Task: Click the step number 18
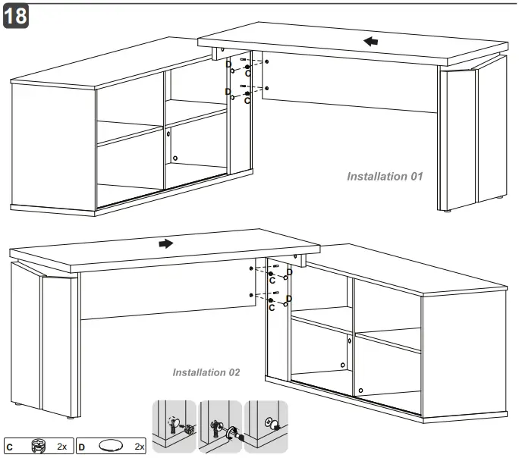pyautogui.click(x=16, y=17)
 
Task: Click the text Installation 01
pyautogui.click(x=384, y=177)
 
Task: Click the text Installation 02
pyautogui.click(x=206, y=372)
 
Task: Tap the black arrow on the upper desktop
pyautogui.click(x=370, y=41)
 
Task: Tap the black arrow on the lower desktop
pyautogui.click(x=165, y=243)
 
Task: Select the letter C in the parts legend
pyautogui.click(x=10, y=446)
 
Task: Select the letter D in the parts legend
pyautogui.click(x=81, y=446)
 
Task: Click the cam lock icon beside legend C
pyautogui.click(x=39, y=445)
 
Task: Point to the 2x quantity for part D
pyautogui.click(x=139, y=446)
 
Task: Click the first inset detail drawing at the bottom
pyautogui.click(x=174, y=428)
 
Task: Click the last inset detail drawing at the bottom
pyautogui.click(x=266, y=428)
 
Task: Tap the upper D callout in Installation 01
pyautogui.click(x=228, y=64)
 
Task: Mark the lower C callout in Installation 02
pyautogui.click(x=272, y=307)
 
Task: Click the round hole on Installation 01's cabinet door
pyautogui.click(x=175, y=158)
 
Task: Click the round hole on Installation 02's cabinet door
pyautogui.click(x=360, y=390)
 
